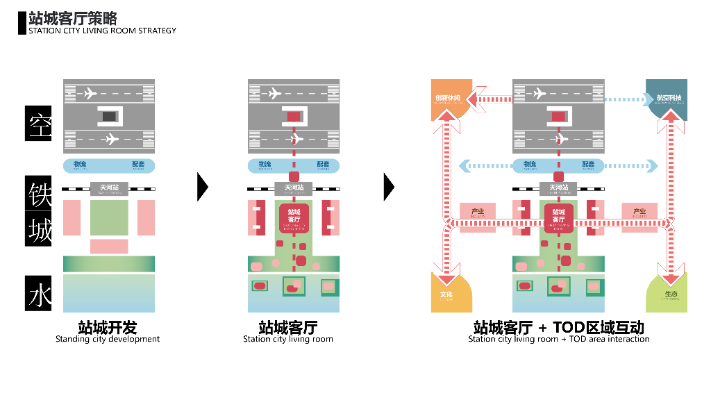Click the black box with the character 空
pyautogui.click(x=39, y=124)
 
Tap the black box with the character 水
pyautogui.click(x=39, y=293)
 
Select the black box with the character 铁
pyautogui.click(x=39, y=194)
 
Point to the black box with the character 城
pyautogui.click(x=39, y=229)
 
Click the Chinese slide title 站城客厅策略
pyautogui.click(x=73, y=18)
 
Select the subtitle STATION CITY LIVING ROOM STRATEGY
pyautogui.click(x=102, y=31)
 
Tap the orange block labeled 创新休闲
pyautogui.click(x=449, y=97)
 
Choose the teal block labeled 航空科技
pyautogui.click(x=668, y=98)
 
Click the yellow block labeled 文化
pyautogui.click(x=447, y=294)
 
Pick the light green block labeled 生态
pyautogui.click(x=668, y=294)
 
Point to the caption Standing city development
pyautogui.click(x=108, y=339)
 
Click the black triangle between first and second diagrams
pyautogui.click(x=202, y=186)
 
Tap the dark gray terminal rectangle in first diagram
pyautogui.click(x=110, y=117)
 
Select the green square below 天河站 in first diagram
pyautogui.click(x=109, y=217)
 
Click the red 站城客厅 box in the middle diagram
pyautogui.click(x=294, y=218)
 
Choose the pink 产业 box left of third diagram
pyautogui.click(x=478, y=212)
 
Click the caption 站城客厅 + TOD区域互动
pyautogui.click(x=558, y=327)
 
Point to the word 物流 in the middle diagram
pyautogui.click(x=265, y=165)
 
